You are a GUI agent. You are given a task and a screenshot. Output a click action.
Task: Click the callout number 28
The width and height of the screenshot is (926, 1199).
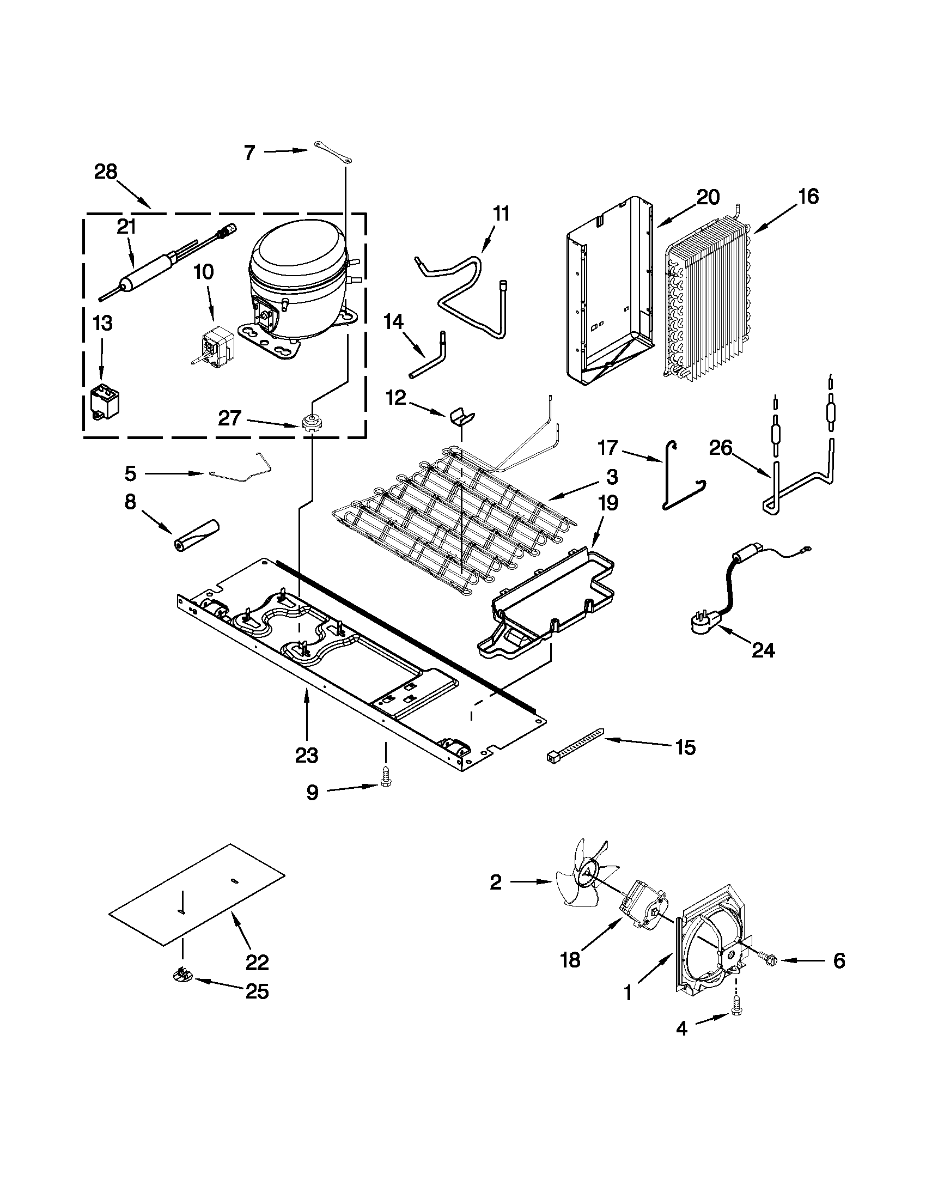tap(106, 172)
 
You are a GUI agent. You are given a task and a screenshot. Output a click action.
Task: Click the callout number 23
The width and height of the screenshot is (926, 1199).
tap(306, 756)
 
